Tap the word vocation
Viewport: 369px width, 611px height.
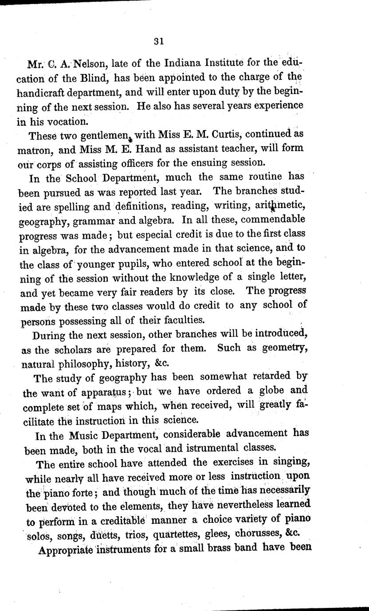[x=62, y=120]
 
